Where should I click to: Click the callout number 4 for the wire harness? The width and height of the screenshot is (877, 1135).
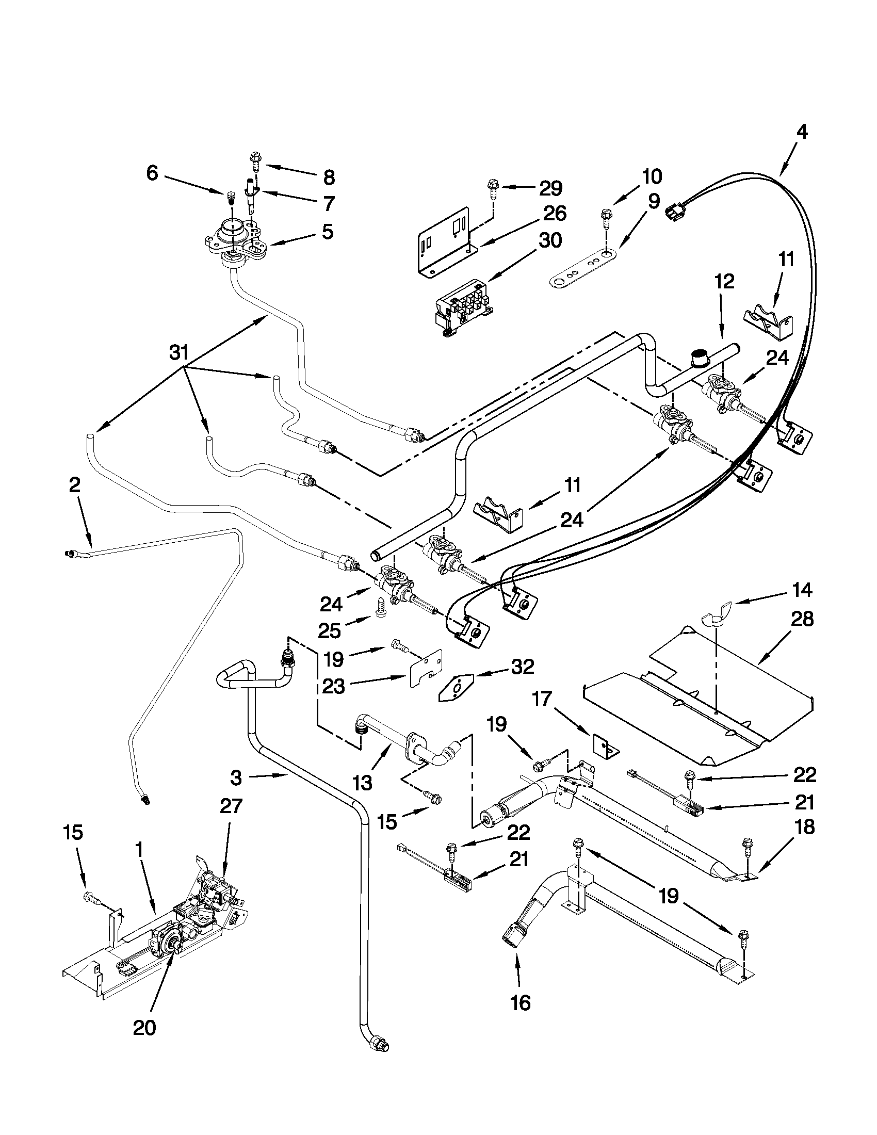[802, 133]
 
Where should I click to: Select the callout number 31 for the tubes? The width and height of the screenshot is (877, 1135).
[178, 353]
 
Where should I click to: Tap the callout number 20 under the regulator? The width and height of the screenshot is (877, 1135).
[144, 1027]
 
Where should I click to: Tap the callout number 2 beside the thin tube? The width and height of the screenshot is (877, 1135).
[75, 485]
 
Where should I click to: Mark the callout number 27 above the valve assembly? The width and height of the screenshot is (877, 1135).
[231, 806]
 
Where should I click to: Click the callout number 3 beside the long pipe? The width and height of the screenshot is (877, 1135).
[236, 778]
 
